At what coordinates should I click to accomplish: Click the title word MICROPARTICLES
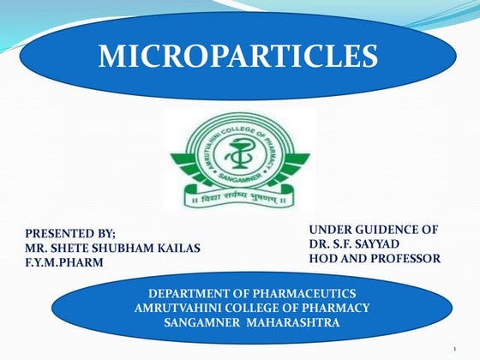pos(238,56)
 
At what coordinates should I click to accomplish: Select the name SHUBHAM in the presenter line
pos(127,248)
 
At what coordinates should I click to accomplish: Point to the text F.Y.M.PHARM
pos(64,262)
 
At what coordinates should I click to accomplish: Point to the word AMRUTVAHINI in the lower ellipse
pos(175,307)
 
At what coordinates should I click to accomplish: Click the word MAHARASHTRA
pos(291,321)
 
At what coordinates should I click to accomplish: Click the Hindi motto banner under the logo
pos(239,200)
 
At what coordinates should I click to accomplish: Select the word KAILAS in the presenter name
pos(178,248)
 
